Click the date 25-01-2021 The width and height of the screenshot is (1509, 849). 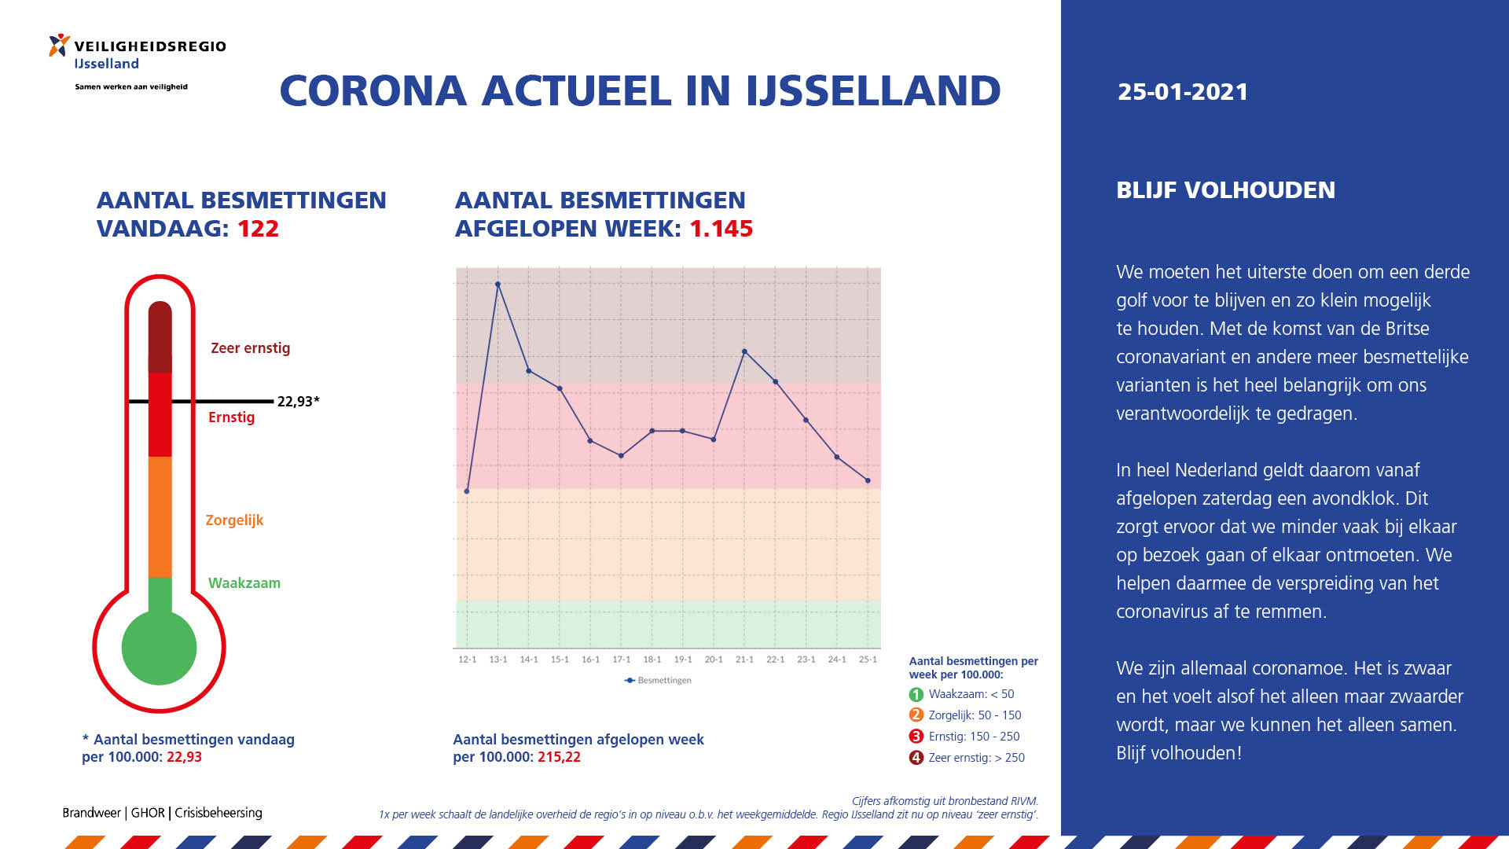point(1182,92)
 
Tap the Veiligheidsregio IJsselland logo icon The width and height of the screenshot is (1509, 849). point(59,45)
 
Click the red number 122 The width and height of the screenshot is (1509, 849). point(258,229)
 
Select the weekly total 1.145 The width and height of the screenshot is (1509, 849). point(721,229)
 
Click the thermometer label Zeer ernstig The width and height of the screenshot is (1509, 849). point(250,348)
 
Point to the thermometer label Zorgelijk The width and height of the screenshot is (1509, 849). point(234,520)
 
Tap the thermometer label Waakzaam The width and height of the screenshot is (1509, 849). point(244,583)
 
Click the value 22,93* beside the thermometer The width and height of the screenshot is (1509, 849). point(299,401)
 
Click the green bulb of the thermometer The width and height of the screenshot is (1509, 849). point(160,647)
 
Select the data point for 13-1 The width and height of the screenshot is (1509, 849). point(497,285)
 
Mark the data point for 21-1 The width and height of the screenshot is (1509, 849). point(744,351)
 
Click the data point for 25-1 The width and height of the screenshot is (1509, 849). point(868,480)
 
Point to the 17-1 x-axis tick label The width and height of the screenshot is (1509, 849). point(621,660)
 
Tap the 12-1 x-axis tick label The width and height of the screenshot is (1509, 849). point(467,660)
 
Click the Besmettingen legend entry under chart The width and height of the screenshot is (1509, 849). point(658,680)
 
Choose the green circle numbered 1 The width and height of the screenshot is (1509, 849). point(916,695)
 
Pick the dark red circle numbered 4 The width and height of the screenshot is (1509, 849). point(916,758)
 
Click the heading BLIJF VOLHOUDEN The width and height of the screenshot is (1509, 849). point(1225,190)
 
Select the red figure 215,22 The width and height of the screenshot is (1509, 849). point(559,757)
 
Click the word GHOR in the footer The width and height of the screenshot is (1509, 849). point(148,813)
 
